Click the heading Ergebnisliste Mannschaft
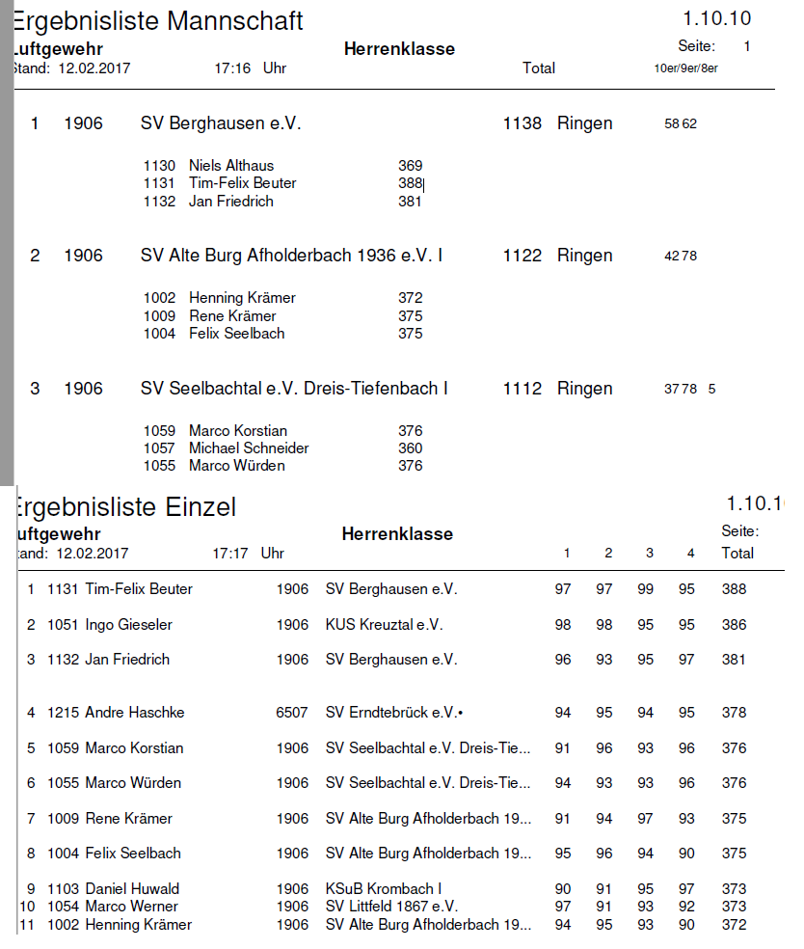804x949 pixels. coord(159,21)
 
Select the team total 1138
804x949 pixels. coord(522,123)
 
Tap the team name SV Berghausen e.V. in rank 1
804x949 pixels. coord(221,123)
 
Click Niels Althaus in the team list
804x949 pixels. coord(231,166)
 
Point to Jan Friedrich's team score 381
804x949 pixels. coord(410,202)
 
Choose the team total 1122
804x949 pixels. coord(522,256)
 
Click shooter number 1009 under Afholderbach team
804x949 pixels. coord(159,316)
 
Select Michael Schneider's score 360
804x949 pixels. coord(410,448)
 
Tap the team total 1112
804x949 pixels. coord(522,389)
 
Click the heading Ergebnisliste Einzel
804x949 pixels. coord(125,507)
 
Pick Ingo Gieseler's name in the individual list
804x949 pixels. coord(128,625)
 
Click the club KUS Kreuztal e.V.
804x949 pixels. coord(384,625)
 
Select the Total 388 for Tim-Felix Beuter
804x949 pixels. coord(734,589)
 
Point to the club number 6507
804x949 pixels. coord(292,713)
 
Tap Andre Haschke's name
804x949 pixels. coord(134,713)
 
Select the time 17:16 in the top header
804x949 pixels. coord(232,68)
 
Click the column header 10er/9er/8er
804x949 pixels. coord(685,68)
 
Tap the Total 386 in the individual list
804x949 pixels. coord(734,625)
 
